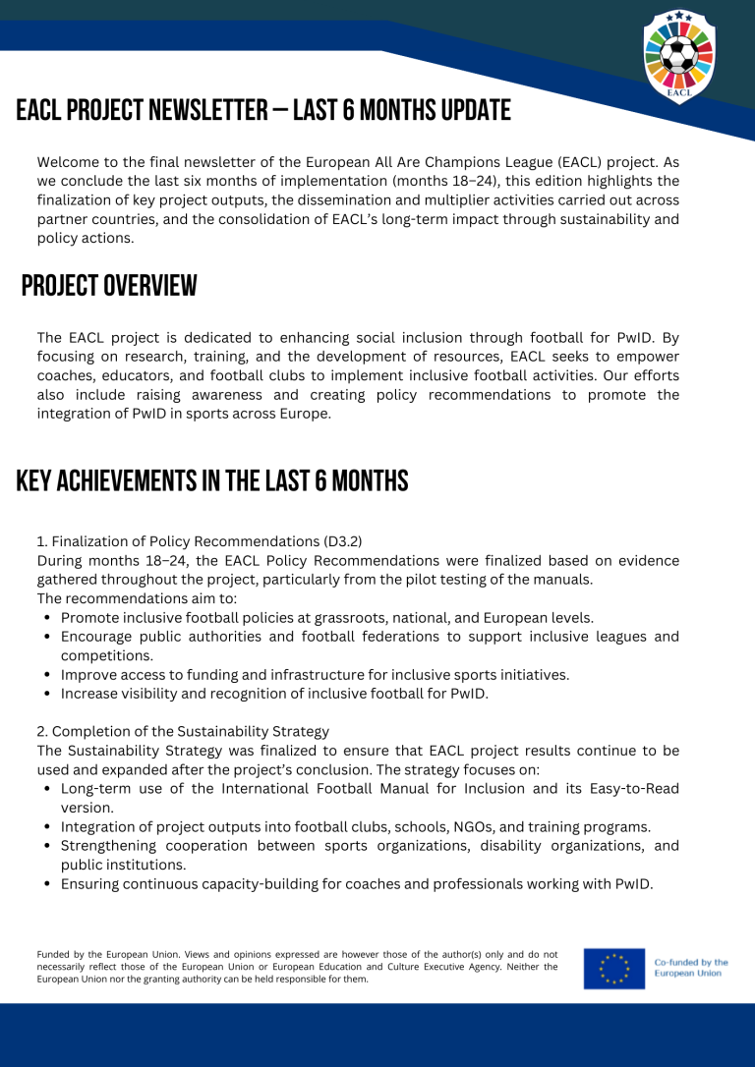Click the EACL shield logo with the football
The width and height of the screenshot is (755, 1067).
pyautogui.click(x=679, y=57)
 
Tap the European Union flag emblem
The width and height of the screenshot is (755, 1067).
pyautogui.click(x=613, y=968)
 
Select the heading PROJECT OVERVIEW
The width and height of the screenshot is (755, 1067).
pyautogui.click(x=109, y=286)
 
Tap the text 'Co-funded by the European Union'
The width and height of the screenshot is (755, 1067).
pyautogui.click(x=691, y=968)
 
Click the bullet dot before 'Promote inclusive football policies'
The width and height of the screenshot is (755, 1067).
pyautogui.click(x=48, y=618)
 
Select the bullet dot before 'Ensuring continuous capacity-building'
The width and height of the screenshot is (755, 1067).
pyautogui.click(x=48, y=884)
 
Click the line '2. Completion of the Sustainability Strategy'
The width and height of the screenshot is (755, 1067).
pyautogui.click(x=183, y=731)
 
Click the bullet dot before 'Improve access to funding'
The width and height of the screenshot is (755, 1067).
pyautogui.click(x=48, y=675)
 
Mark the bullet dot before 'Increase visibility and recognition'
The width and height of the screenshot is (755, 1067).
pyautogui.click(x=48, y=694)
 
